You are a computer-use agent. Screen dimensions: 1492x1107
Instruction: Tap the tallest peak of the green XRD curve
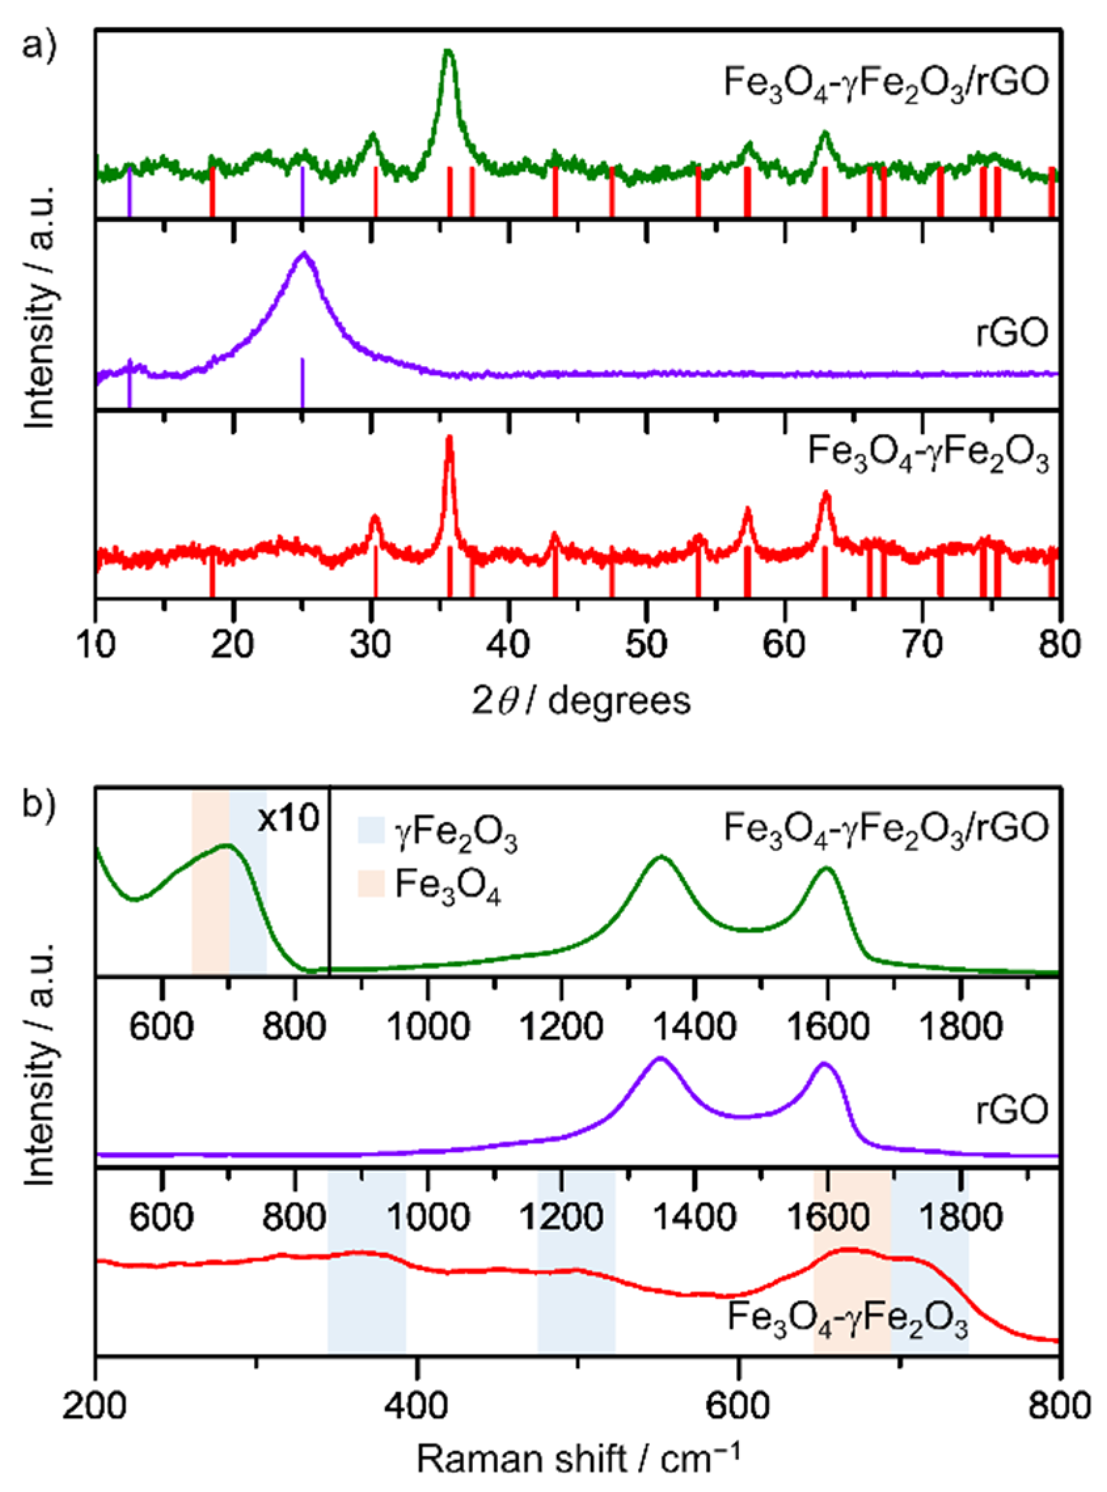(448, 54)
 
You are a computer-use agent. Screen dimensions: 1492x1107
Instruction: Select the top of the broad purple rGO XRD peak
(305, 255)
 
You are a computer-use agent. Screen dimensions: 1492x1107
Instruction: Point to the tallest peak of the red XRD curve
(449, 439)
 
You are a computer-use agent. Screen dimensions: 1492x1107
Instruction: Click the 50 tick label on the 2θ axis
(646, 644)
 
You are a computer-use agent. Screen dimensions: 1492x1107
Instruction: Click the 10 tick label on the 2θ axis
(96, 644)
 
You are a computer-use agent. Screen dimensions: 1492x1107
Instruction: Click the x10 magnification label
(288, 819)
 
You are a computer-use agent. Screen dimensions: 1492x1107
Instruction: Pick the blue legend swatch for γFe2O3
(371, 830)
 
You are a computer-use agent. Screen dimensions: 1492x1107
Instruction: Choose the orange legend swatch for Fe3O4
(371, 882)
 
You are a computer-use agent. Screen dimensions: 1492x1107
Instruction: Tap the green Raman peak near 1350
(662, 857)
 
